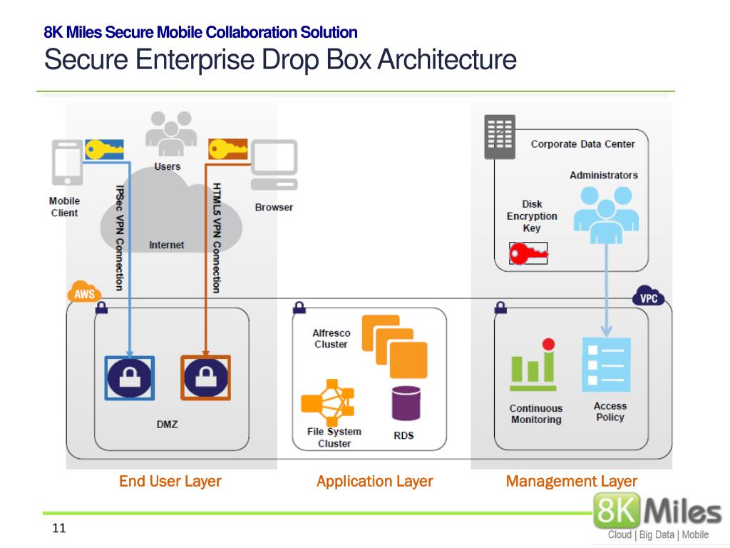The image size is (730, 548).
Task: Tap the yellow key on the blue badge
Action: pyautogui.click(x=104, y=149)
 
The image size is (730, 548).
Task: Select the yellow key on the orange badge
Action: pyautogui.click(x=227, y=149)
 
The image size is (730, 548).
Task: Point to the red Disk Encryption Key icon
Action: pyautogui.click(x=528, y=253)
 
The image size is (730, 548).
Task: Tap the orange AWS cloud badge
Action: pyautogui.click(x=84, y=293)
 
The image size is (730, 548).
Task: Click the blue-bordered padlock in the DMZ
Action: pyautogui.click(x=129, y=377)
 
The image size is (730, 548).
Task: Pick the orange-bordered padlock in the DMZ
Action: pyautogui.click(x=205, y=377)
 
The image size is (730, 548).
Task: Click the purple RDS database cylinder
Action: pyautogui.click(x=406, y=403)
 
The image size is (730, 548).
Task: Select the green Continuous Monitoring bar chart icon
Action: pyautogui.click(x=533, y=365)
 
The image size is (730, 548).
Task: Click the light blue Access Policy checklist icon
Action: pyautogui.click(x=606, y=365)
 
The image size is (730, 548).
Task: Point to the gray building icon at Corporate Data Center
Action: pyautogui.click(x=500, y=136)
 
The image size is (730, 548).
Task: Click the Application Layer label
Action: pyautogui.click(x=374, y=482)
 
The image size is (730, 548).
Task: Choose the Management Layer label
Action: pyautogui.click(x=571, y=482)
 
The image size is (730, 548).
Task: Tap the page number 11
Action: pyautogui.click(x=59, y=529)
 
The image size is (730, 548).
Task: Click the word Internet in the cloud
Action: pyautogui.click(x=166, y=245)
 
